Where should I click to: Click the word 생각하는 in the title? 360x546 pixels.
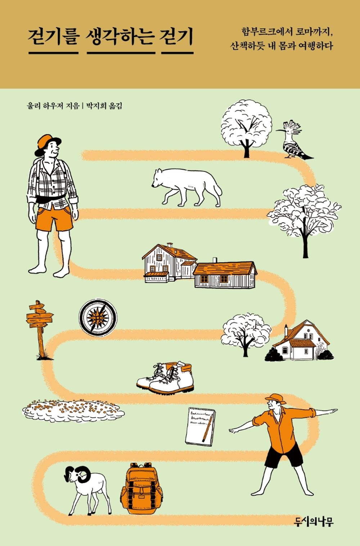121,37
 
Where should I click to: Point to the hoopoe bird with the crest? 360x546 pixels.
292,141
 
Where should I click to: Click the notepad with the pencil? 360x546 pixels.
201,426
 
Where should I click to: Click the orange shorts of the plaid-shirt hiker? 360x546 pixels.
54,218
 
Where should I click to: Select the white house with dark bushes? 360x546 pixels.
301,342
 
